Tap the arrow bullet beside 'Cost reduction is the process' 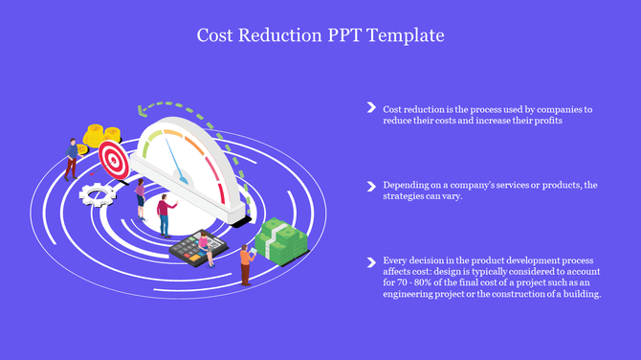click(x=370, y=108)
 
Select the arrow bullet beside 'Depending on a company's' click(x=370, y=184)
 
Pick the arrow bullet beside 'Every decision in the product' click(x=370, y=260)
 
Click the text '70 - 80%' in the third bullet click(x=420, y=283)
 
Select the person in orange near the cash click(x=246, y=263)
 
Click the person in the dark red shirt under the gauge click(x=165, y=212)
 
